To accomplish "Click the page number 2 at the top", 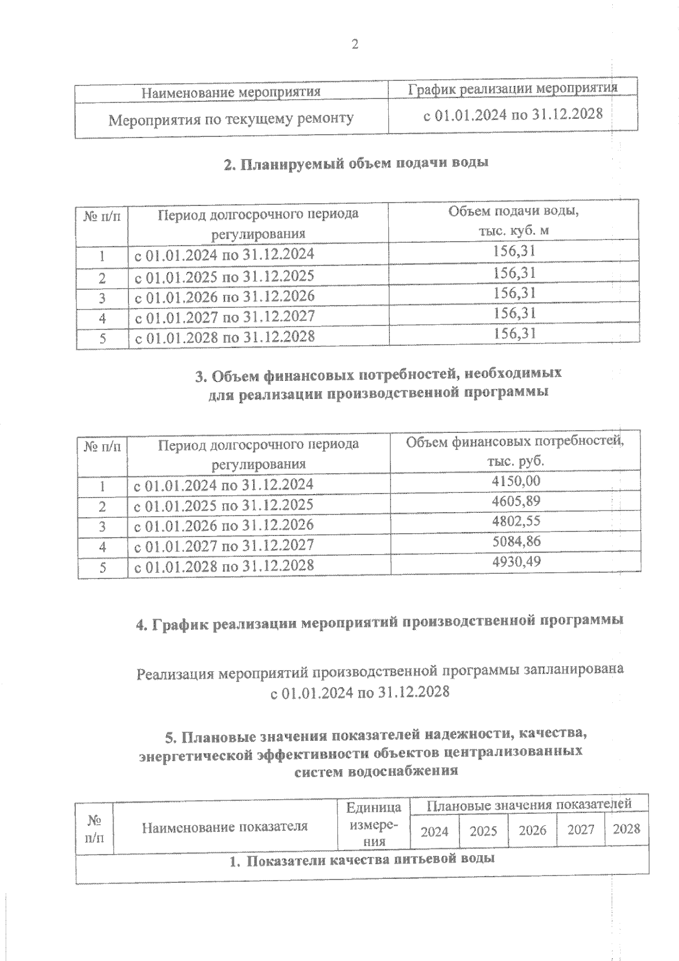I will click(x=355, y=45).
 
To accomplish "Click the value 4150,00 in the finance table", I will click(x=516, y=481).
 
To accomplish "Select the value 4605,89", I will click(x=516, y=501).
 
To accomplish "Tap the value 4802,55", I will click(x=516, y=521).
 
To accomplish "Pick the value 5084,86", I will click(x=516, y=541).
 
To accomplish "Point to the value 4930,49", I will click(x=516, y=561).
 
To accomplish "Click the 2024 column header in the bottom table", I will click(x=435, y=830).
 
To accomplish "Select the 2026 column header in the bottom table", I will click(x=532, y=830).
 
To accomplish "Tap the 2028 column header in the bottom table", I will click(x=626, y=829).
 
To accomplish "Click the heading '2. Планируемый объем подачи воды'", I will click(x=356, y=164).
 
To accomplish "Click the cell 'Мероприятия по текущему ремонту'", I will click(x=231, y=119).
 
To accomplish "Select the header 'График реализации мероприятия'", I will click(x=513, y=88).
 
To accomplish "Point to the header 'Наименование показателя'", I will click(x=225, y=826).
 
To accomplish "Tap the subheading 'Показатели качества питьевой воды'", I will click(x=362, y=860).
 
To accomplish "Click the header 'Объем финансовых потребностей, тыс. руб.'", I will click(x=515, y=451).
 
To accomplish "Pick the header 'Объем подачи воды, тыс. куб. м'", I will click(x=514, y=220).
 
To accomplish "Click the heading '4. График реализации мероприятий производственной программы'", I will click(x=380, y=620).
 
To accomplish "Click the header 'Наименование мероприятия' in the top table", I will click(x=230, y=91).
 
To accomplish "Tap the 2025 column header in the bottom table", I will click(x=483, y=830).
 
